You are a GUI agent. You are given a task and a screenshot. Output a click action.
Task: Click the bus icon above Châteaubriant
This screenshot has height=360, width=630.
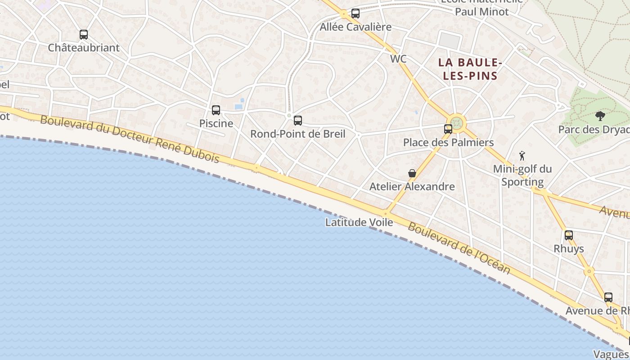(x=83, y=34)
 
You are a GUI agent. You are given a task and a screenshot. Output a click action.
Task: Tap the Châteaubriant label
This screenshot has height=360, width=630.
(x=84, y=48)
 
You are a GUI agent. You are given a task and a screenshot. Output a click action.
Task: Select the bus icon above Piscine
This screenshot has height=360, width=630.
(x=216, y=110)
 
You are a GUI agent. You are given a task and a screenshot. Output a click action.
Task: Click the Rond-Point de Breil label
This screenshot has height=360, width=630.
(x=298, y=134)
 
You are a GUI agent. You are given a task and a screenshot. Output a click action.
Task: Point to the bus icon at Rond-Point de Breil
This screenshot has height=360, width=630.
(x=297, y=120)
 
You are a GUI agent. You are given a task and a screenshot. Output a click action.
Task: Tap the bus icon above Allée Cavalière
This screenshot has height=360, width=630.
(x=355, y=13)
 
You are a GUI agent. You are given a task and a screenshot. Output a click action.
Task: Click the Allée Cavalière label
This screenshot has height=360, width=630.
(x=355, y=27)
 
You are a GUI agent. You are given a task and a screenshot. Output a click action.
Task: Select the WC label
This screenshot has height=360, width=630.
(x=398, y=59)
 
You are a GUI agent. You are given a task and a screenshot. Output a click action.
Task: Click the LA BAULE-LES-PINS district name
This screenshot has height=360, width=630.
(x=470, y=69)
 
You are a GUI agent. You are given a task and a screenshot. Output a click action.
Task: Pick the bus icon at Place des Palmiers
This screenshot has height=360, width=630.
(x=448, y=129)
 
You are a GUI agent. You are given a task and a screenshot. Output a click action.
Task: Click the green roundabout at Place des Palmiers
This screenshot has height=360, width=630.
(x=457, y=123)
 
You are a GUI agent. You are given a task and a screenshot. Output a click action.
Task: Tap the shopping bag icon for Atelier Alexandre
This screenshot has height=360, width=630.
(x=412, y=173)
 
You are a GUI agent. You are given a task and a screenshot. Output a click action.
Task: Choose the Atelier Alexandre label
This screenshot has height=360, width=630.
(x=412, y=186)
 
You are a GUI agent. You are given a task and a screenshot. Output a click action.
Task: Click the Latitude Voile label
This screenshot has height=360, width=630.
(x=359, y=222)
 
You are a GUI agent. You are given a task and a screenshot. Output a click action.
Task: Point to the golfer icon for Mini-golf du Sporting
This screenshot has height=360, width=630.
(x=522, y=156)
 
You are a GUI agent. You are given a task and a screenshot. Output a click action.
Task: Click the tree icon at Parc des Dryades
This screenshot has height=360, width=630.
(x=600, y=116)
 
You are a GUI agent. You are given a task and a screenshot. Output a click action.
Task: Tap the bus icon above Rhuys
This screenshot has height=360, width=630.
(x=569, y=235)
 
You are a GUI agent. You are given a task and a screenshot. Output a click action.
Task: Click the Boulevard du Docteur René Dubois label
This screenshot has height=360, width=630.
(x=130, y=139)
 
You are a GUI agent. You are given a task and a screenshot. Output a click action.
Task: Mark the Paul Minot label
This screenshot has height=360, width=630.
(x=481, y=12)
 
